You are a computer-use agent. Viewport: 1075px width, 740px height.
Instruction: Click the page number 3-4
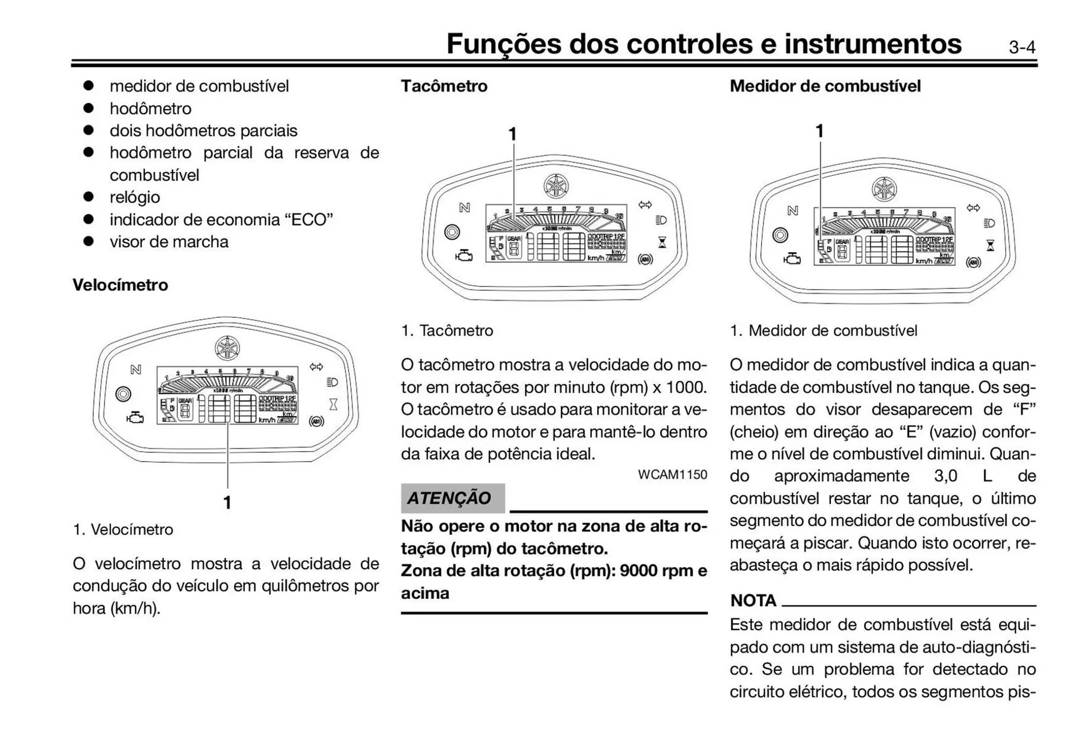point(1022,47)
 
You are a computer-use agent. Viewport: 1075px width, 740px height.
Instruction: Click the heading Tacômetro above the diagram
point(444,86)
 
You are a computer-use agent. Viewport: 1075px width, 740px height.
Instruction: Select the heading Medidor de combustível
point(825,86)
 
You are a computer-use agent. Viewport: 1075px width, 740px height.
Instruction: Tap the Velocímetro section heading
point(120,285)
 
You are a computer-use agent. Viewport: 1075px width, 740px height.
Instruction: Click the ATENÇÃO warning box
point(452,498)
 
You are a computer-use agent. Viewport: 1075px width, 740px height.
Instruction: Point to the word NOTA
point(753,601)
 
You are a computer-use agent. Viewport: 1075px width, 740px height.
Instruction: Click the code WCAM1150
point(672,474)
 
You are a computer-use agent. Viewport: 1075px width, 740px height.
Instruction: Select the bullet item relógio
point(135,197)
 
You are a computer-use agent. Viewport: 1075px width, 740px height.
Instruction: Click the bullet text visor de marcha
point(169,242)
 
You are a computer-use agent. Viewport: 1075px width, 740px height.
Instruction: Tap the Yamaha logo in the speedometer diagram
point(228,348)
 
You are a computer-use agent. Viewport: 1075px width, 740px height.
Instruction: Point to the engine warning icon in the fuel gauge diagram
point(792,259)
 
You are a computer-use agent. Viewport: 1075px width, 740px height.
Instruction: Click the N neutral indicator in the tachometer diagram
point(464,208)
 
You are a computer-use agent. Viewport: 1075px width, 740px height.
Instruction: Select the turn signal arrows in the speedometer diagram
point(316,367)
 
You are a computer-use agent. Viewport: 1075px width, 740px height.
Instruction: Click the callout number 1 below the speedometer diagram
point(227,502)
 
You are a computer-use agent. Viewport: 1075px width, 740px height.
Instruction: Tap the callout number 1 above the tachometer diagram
point(512,134)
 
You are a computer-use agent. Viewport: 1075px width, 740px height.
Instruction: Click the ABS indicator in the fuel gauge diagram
point(973,263)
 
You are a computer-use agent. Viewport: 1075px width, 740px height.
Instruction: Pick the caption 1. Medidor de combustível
point(823,331)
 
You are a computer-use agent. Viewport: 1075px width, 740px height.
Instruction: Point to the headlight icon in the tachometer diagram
point(661,220)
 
